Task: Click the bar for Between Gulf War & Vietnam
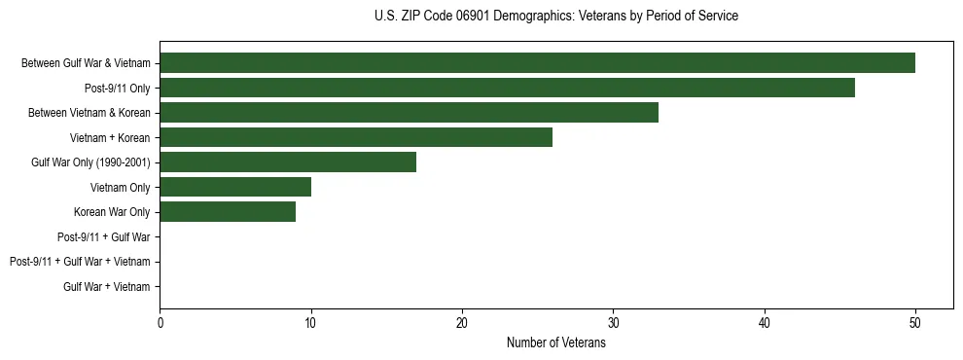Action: click(537, 63)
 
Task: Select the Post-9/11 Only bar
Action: click(507, 88)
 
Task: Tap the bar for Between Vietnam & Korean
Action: click(409, 113)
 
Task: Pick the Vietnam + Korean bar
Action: click(356, 137)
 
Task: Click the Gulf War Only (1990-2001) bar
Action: click(288, 162)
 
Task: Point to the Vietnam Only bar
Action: click(235, 187)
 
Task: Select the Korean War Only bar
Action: click(228, 212)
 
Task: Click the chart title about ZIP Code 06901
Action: click(555, 17)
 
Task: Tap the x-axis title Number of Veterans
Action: click(555, 343)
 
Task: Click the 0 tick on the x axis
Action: click(160, 324)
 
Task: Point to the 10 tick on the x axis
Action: click(311, 324)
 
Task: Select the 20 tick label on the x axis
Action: click(462, 324)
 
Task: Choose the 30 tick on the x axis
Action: click(613, 324)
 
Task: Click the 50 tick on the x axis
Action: click(915, 324)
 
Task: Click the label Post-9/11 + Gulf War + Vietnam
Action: click(80, 262)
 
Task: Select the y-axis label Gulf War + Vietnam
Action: click(107, 286)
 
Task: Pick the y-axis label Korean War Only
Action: click(112, 212)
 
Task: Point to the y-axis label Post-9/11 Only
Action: click(118, 89)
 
